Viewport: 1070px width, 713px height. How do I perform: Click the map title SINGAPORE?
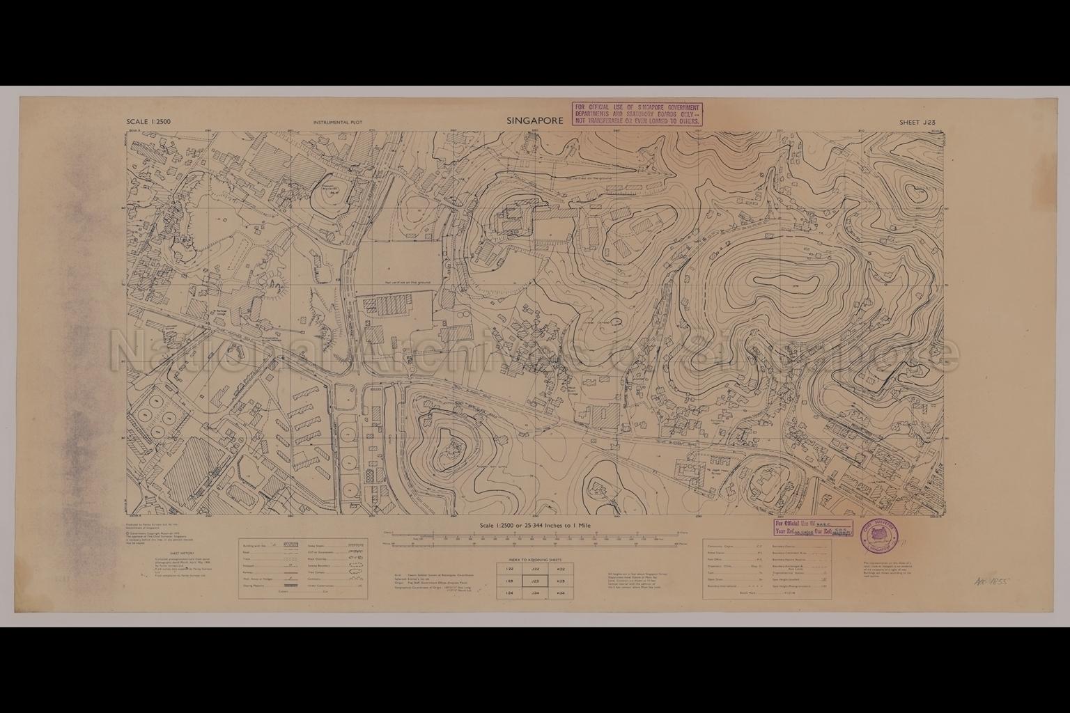(534, 120)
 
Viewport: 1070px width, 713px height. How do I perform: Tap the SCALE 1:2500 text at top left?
(148, 122)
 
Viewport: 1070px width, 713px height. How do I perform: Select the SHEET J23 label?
(917, 122)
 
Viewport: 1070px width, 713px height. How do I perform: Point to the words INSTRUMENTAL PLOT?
(343, 123)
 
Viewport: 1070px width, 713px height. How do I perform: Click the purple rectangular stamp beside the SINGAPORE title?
(636, 113)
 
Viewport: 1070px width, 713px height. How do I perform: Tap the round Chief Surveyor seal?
(879, 533)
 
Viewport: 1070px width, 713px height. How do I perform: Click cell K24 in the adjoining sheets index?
(560, 593)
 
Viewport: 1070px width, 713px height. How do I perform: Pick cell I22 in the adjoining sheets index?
(509, 569)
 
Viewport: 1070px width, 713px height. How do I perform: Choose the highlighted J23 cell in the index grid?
(535, 581)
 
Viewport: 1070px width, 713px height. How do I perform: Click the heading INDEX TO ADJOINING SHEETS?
(534, 558)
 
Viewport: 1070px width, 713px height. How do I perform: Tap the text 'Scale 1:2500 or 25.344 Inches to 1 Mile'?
(534, 526)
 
